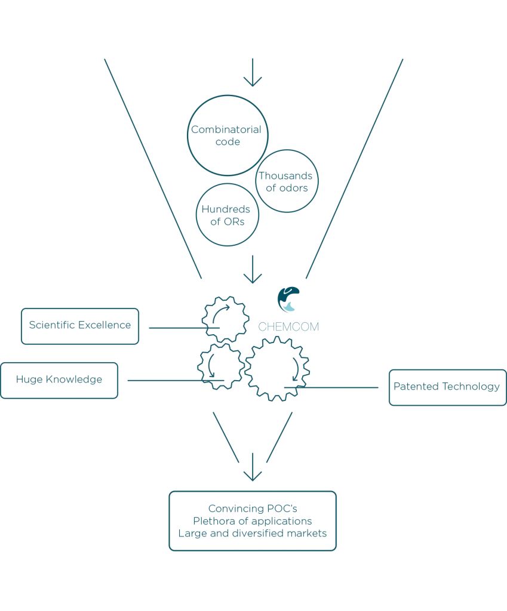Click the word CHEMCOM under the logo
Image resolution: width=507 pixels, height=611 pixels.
point(288,326)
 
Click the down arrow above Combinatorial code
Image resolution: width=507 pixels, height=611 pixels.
point(253,72)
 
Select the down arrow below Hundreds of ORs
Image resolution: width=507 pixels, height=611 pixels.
point(253,269)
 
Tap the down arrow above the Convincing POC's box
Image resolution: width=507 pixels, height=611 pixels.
point(253,467)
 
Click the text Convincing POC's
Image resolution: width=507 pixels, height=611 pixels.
point(253,508)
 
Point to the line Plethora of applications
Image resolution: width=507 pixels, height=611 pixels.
point(253,521)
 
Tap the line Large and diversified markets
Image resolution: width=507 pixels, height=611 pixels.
point(253,533)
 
